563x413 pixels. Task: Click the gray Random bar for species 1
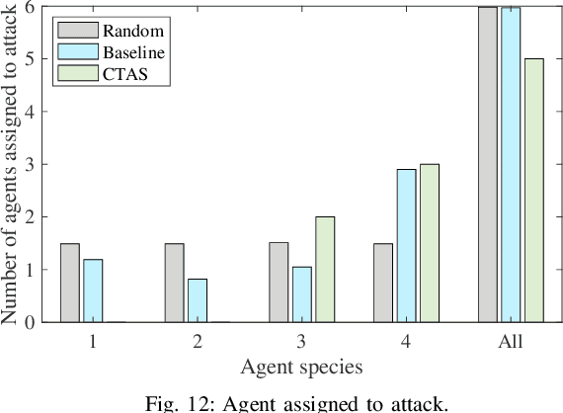[69, 283]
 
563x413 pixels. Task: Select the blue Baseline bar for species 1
[93, 290]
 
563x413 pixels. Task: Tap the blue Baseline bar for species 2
[198, 300]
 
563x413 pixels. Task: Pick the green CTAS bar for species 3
[325, 269]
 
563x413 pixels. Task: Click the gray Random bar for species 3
[279, 283]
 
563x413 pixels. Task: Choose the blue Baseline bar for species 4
[406, 245]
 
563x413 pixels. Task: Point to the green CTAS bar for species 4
[430, 243]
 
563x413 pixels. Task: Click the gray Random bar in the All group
[487, 164]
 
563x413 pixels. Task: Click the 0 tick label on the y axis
[29, 322]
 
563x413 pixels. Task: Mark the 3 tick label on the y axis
[29, 164]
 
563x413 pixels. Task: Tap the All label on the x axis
[511, 342]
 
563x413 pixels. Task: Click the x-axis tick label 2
[198, 342]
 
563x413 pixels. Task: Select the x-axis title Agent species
[301, 367]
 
